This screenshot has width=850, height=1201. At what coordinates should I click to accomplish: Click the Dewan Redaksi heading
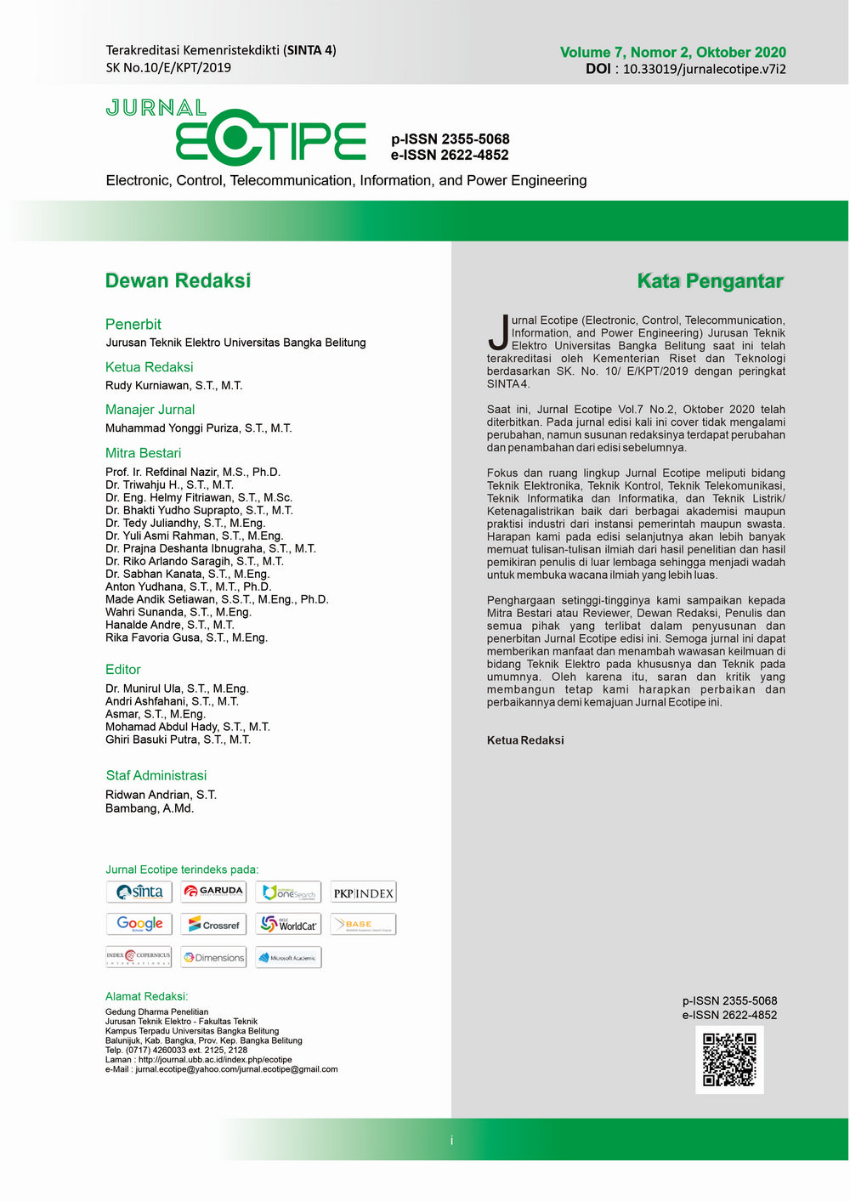click(178, 280)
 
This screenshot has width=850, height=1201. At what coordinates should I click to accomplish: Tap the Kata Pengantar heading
click(710, 281)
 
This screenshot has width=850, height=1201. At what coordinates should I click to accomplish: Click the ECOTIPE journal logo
click(270, 138)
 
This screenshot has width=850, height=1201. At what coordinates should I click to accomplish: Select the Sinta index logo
click(139, 892)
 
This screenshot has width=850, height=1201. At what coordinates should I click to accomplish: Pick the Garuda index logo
click(213, 892)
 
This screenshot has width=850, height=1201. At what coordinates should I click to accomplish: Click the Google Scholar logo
click(139, 924)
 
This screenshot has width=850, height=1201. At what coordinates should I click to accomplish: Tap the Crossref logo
click(213, 925)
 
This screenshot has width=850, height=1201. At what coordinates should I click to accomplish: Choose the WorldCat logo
click(288, 925)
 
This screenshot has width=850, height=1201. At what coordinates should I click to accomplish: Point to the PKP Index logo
click(363, 892)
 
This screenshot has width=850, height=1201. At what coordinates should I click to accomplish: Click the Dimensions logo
click(213, 958)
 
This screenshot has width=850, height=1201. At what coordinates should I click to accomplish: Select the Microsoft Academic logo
click(288, 958)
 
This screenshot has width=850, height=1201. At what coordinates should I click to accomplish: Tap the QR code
click(729, 1060)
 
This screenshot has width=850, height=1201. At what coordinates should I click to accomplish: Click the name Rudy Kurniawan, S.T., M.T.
click(173, 386)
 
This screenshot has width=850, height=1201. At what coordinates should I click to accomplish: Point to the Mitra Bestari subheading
click(143, 453)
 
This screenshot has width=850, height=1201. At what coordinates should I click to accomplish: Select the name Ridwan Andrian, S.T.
click(161, 795)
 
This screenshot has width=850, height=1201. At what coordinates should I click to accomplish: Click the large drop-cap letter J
click(498, 332)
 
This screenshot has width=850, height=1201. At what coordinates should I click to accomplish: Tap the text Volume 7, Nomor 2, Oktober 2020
click(672, 53)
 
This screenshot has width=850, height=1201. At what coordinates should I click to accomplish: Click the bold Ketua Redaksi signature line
click(525, 740)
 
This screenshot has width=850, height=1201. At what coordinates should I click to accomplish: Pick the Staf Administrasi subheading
click(156, 775)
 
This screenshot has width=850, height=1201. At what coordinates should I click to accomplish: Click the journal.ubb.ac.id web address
click(215, 1060)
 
